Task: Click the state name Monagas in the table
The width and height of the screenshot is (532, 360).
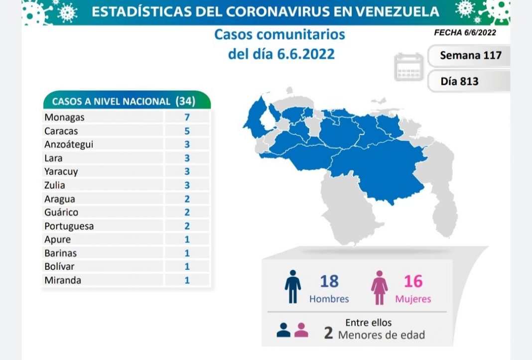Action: tap(64, 118)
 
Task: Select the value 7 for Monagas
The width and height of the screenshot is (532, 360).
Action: tap(187, 118)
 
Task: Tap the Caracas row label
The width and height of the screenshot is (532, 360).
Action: tap(61, 131)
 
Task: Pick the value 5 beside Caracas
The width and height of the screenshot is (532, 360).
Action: tap(187, 131)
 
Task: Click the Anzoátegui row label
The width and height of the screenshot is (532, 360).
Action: tap(69, 144)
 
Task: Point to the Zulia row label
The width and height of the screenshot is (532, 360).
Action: tap(55, 185)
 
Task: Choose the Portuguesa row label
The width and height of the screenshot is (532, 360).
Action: tap(69, 226)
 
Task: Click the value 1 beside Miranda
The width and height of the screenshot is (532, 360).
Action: tap(187, 280)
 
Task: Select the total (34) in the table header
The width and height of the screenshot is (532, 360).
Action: tap(185, 101)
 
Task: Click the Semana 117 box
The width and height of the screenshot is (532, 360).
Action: tap(470, 55)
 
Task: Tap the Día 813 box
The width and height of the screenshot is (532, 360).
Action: tap(459, 81)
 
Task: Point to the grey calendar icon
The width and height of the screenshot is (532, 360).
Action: tap(408, 67)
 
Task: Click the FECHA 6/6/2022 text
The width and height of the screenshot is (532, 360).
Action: tap(465, 32)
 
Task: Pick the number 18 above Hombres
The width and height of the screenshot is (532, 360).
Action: tap(329, 281)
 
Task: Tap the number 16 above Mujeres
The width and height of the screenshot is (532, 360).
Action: tap(413, 281)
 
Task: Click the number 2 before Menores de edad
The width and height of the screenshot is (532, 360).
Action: tap(328, 333)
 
